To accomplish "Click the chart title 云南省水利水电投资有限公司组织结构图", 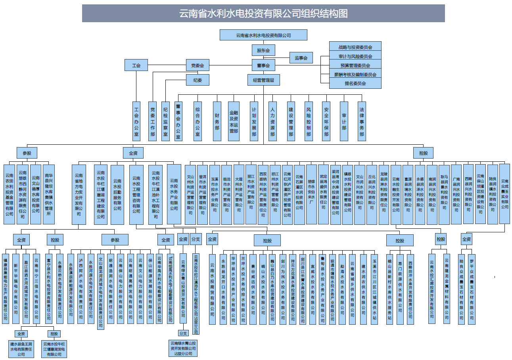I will tap(263, 13).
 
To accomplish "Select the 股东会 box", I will tap(263, 50).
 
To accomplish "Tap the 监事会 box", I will tap(301, 58).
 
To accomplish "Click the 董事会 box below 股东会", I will tap(263, 65).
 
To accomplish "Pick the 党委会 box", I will tap(198, 65).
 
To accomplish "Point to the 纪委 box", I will tap(198, 80).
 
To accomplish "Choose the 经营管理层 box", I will tap(264, 80).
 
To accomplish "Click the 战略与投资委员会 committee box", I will tap(355, 47).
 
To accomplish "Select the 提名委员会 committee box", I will tap(355, 84).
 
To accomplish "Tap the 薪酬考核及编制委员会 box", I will tap(355, 75).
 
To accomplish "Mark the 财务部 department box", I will tap(217, 121).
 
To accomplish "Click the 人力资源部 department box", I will tap(272, 121).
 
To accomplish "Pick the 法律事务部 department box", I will tap(362, 121).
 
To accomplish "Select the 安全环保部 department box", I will tap(326, 121).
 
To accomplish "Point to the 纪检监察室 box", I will tap(166, 121).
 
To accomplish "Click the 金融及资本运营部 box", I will tap(234, 121).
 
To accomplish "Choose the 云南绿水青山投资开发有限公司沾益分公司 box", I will tap(183, 348).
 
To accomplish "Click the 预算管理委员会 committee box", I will tap(355, 65).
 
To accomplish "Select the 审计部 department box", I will tap(344, 121).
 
